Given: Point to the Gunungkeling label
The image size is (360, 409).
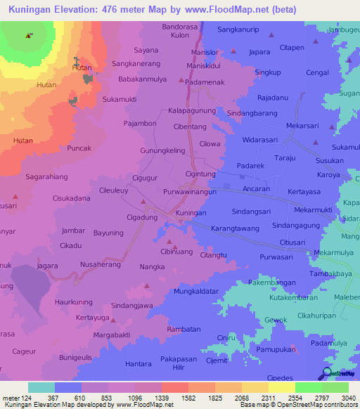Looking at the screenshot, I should pos(162,150).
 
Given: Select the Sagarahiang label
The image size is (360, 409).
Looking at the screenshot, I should pos(47,178).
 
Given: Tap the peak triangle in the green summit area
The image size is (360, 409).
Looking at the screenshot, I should pos(28,35).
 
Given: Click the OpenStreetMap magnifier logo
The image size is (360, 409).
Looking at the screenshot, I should pos(326,374).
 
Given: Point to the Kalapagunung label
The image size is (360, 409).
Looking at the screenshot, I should pos(192,111).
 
